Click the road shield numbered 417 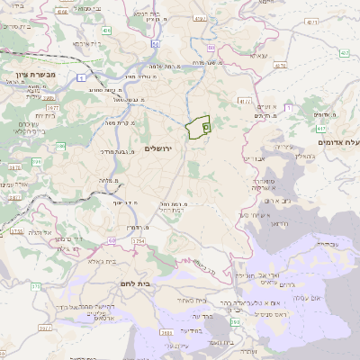(245, 102)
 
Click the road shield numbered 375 (36, 286)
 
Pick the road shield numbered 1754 (138, 241)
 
